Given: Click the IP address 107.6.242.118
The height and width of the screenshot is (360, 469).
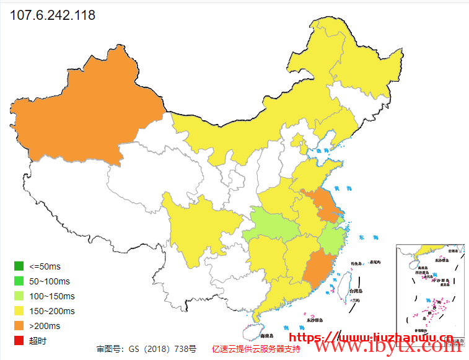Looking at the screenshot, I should (53, 15).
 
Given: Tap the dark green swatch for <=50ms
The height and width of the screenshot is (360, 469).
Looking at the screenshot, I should (19, 266).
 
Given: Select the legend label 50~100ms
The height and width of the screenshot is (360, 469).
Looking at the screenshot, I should (50, 281).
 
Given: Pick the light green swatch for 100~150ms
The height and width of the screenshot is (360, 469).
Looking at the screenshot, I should (19, 296).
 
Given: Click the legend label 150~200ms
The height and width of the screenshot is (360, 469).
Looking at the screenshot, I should (52, 311).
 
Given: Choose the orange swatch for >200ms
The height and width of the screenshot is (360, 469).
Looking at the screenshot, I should (19, 326).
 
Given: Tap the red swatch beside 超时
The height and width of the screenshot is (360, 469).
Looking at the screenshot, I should (19, 341).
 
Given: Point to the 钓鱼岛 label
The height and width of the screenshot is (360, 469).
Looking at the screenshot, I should (356, 263).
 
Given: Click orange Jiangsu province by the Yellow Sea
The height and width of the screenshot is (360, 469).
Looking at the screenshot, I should (322, 204).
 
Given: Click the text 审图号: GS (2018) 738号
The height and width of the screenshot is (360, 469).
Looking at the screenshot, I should (146, 349).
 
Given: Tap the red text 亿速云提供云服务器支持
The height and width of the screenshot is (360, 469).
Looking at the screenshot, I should (255, 349).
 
